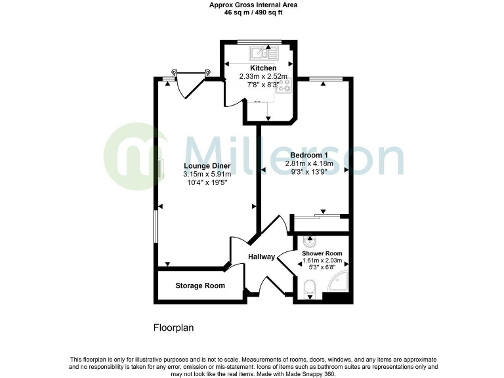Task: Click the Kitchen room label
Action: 262,68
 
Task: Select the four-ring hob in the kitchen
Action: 284,87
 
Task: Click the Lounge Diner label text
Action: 207,166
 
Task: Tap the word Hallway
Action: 261,257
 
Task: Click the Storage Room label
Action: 200,285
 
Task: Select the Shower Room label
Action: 322,253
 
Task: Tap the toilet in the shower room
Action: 310,287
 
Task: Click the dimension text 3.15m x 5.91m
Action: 207,175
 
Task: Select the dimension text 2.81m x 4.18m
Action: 312,164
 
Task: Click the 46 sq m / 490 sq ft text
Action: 253,12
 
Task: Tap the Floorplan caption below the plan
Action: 173,327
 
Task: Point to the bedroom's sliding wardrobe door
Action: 318,215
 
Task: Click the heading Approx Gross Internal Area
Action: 253,5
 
